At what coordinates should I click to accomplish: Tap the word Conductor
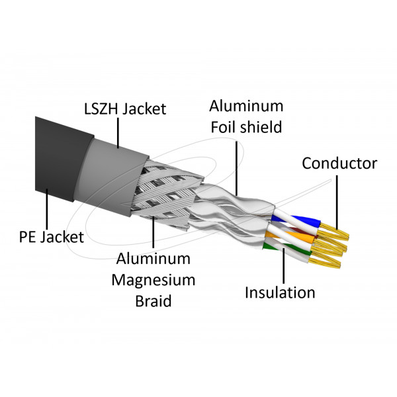point(339,163)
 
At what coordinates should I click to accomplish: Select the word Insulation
point(280,292)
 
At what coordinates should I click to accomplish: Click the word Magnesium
point(154,280)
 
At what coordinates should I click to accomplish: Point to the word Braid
point(154,301)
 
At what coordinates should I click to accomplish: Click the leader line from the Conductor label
point(336,198)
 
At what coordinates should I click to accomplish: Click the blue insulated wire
point(301,221)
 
